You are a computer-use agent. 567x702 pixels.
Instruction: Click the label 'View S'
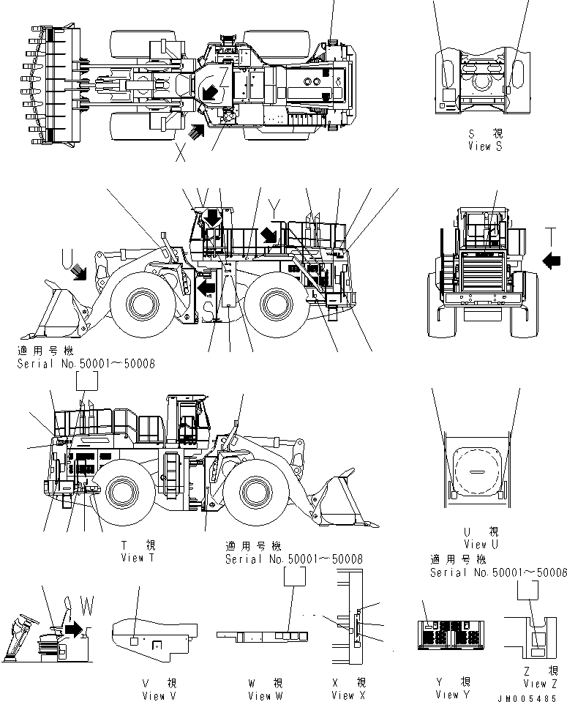[x=486, y=146]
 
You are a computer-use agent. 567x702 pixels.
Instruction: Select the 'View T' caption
[x=139, y=558]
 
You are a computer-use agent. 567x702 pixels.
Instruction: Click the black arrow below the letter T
[x=552, y=258]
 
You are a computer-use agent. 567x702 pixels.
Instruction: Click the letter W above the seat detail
[x=86, y=607]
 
